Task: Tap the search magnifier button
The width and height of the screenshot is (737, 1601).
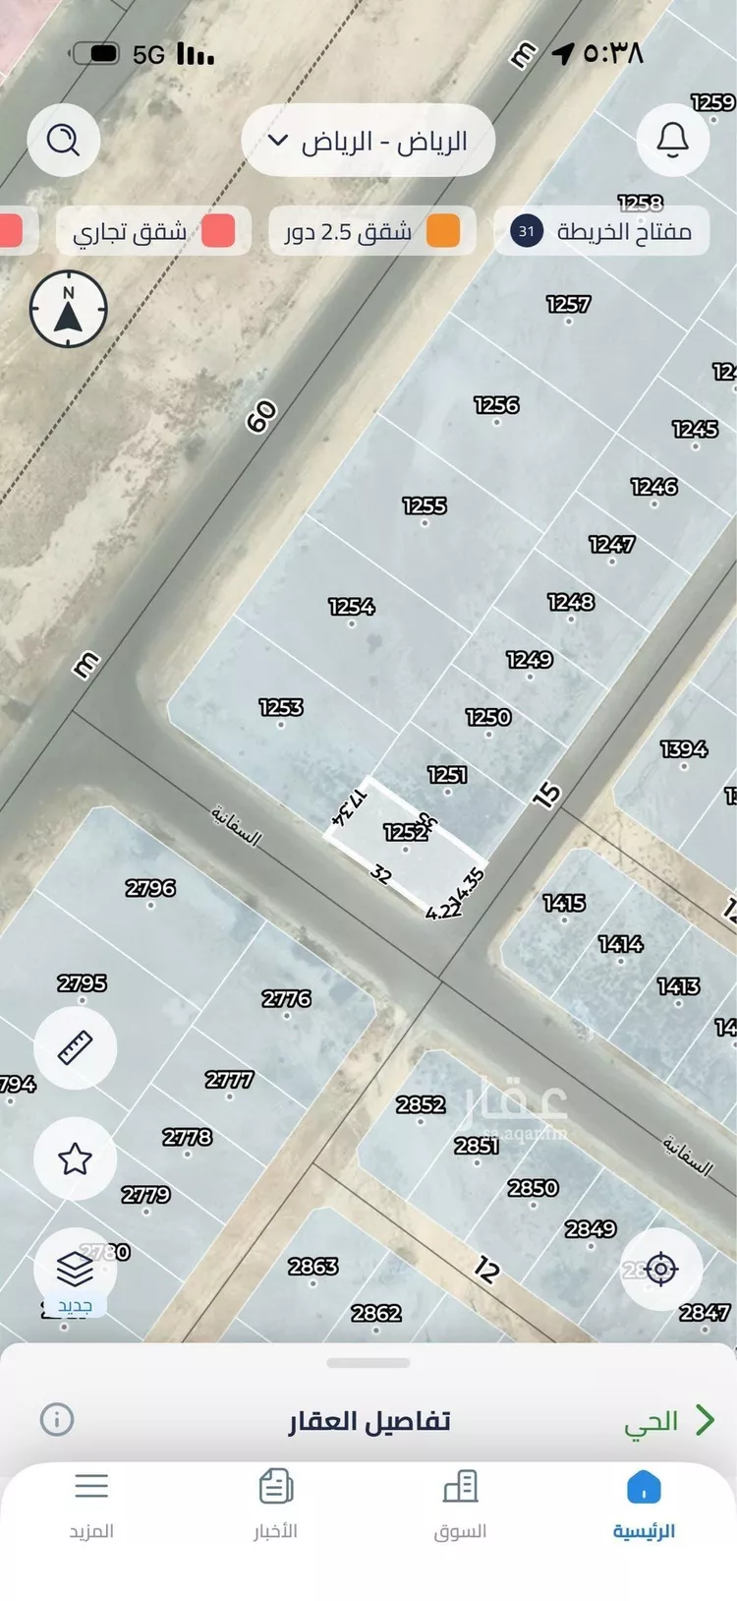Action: (x=64, y=141)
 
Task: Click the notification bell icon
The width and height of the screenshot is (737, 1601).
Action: (x=672, y=141)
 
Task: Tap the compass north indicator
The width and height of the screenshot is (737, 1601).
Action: (x=68, y=310)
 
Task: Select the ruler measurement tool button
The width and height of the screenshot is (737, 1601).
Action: (x=76, y=1047)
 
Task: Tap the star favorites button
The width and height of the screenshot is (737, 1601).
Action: (x=76, y=1158)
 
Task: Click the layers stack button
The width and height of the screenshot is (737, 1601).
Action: (x=76, y=1270)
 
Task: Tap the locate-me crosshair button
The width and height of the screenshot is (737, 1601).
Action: (x=660, y=1269)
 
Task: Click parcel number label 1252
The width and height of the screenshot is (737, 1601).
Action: (x=405, y=832)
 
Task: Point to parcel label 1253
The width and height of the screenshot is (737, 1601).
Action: (x=281, y=707)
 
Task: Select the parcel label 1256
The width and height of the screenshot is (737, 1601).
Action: (x=496, y=405)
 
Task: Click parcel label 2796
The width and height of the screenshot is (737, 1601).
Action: (x=150, y=888)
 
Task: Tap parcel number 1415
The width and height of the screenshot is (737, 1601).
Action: (x=564, y=903)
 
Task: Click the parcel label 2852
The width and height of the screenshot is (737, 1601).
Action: (x=421, y=1104)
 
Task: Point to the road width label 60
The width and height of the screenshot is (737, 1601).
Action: (x=261, y=417)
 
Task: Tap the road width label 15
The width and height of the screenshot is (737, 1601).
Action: (x=546, y=795)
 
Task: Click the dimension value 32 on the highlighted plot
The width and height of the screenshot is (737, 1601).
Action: (x=381, y=873)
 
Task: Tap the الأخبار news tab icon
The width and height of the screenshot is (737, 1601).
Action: (x=276, y=1487)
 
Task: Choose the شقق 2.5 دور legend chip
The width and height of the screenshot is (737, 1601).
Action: (x=371, y=232)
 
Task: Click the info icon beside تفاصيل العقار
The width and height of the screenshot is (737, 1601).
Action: (x=57, y=1419)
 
